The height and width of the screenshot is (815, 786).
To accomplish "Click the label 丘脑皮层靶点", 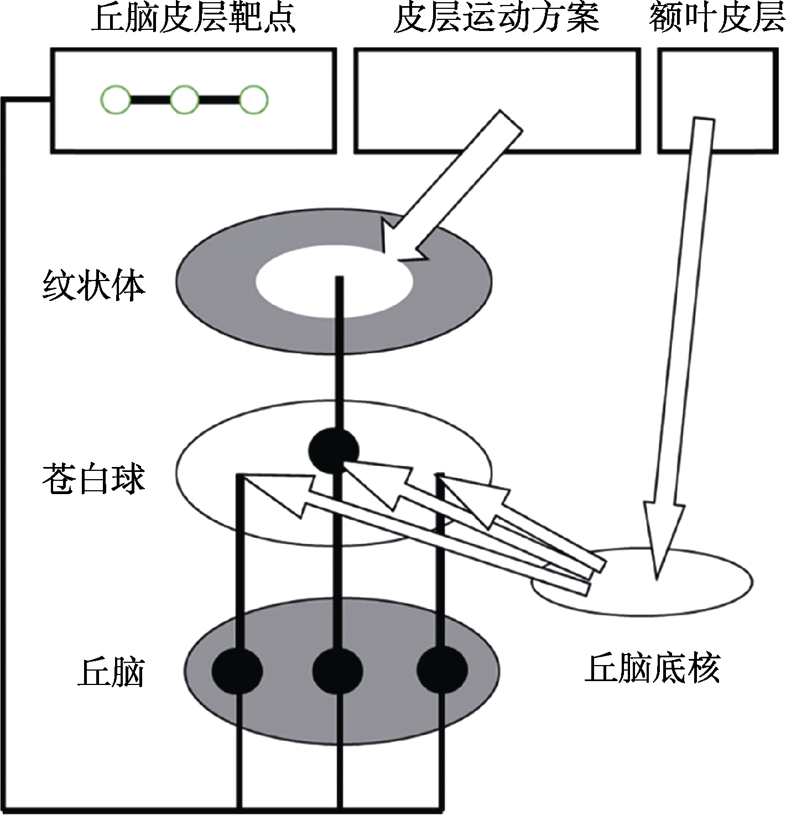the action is [x=194, y=18].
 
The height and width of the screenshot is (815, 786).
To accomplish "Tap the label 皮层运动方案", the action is [x=497, y=18].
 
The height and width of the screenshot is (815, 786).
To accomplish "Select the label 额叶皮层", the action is [x=717, y=18].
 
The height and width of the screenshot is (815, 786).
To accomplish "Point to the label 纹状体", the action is [x=94, y=286].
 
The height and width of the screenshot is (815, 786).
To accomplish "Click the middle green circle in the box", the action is [x=185, y=100].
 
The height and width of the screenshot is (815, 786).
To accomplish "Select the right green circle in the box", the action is [x=253, y=100].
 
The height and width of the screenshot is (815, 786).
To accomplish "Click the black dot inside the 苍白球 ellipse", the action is [x=334, y=450].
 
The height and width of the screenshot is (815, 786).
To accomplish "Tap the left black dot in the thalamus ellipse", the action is [x=237, y=671].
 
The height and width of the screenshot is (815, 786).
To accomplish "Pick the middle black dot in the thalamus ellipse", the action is [x=337, y=671].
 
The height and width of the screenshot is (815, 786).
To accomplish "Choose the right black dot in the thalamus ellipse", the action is [x=442, y=671].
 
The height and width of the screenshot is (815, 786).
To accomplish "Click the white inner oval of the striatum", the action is [x=334, y=282].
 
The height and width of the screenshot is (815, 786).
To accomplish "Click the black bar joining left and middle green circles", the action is [x=150, y=100].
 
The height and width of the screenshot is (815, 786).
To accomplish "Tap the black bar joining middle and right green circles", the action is [x=219, y=100].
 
